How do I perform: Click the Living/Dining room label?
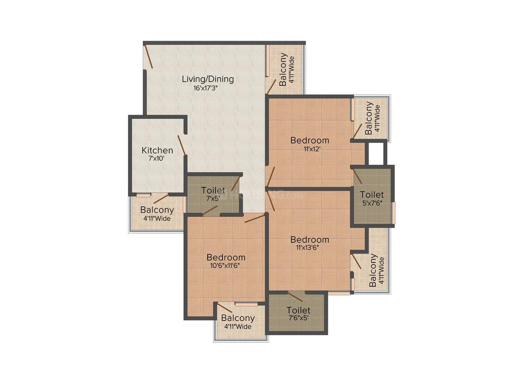[x=208, y=79]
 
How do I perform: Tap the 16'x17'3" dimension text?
[x=208, y=88]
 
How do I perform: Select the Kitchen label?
[x=157, y=150]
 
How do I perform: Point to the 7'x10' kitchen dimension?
[x=157, y=158]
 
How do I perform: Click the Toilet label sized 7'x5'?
[x=213, y=190]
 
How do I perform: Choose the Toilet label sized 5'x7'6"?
[x=372, y=194]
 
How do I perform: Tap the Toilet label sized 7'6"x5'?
[x=298, y=310]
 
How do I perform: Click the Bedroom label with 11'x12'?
[x=310, y=140]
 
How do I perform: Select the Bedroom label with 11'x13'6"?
[x=310, y=240]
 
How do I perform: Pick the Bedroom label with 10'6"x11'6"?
[x=226, y=258]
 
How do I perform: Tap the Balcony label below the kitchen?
[x=157, y=210]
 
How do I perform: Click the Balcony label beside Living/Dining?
[x=283, y=69]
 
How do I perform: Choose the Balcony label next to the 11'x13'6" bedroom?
[x=373, y=271]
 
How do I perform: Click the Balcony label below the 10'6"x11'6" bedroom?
[x=238, y=318]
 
